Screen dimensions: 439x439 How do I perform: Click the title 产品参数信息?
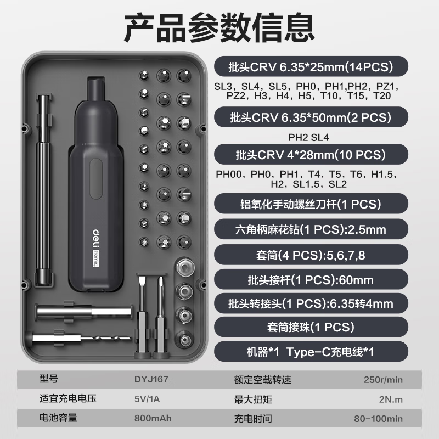click(x=219, y=28)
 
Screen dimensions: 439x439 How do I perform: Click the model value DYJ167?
click(x=151, y=379)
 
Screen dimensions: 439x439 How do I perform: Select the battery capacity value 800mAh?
click(x=153, y=418)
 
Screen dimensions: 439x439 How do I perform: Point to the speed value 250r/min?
click(x=383, y=379)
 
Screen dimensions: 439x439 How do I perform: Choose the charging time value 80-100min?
click(x=379, y=418)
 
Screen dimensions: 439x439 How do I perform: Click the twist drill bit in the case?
click(x=80, y=339)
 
